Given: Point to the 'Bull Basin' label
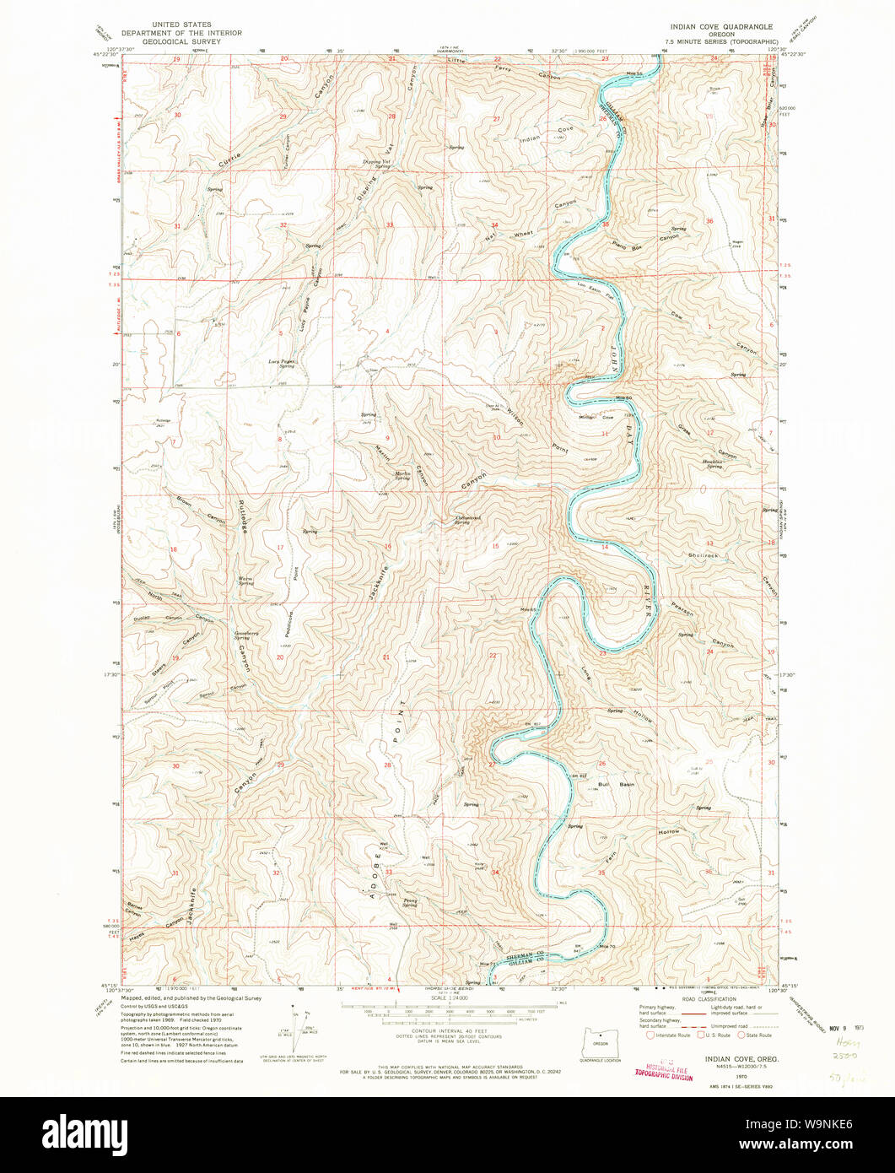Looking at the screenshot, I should [616, 784].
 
